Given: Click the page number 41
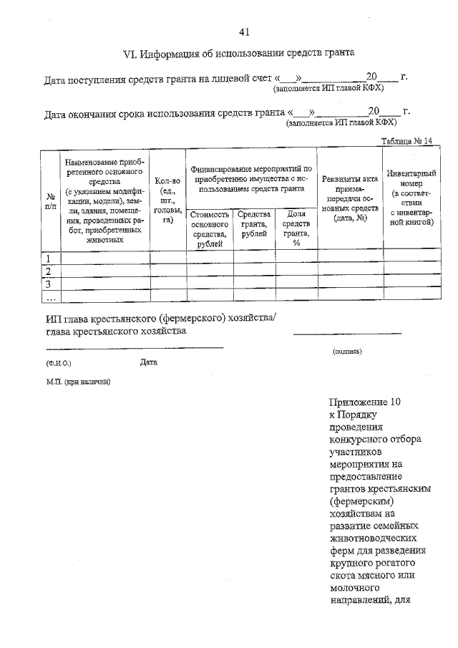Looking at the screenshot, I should (243, 32).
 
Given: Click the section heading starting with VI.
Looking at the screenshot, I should (240, 54).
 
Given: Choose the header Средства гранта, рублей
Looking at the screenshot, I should (254, 224).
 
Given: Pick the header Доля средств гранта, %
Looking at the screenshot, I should (296, 228).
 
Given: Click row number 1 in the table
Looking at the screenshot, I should (49, 258).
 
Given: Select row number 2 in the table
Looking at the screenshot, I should (49, 271).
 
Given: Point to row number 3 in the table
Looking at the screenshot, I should (49, 284).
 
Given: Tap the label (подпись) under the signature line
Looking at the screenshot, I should (347, 352).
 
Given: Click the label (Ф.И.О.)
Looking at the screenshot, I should (59, 363).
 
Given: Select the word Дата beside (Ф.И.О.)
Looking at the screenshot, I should (149, 362).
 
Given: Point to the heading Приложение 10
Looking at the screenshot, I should (366, 403).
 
